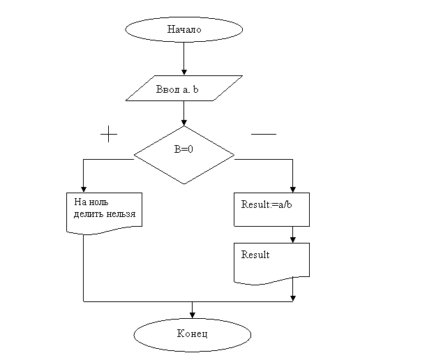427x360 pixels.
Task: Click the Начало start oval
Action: click(x=184, y=29)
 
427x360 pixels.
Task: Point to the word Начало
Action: click(x=184, y=29)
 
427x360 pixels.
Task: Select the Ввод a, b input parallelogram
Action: click(x=184, y=88)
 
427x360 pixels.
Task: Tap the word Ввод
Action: click(x=168, y=89)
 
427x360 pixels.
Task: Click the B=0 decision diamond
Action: click(x=183, y=155)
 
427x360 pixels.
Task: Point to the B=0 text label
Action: click(x=183, y=149)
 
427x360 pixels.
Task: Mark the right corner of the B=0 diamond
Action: click(x=232, y=155)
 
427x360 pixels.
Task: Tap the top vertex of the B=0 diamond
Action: click(x=184, y=128)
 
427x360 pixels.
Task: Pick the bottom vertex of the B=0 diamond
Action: click(x=184, y=183)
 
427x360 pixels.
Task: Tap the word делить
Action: click(x=87, y=214)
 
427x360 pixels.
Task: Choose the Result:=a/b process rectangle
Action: click(x=271, y=209)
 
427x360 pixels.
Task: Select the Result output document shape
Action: click(x=271, y=262)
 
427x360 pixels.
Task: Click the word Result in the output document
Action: click(x=255, y=255)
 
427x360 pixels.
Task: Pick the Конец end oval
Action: click(x=192, y=335)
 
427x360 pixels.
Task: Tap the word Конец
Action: click(x=192, y=335)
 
